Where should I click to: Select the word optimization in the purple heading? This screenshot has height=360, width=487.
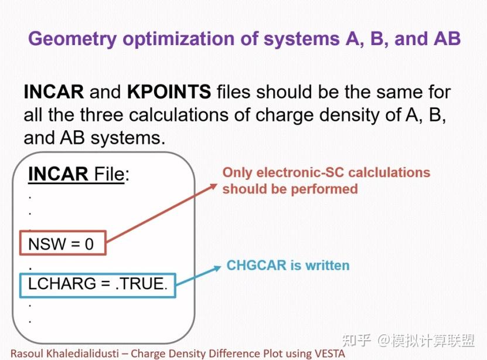pos(190,39)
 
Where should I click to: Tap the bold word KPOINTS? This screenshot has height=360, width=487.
pos(169,91)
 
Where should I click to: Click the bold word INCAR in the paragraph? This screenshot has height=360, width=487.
pos(54,91)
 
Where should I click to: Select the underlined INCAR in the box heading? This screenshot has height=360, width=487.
pos(58,174)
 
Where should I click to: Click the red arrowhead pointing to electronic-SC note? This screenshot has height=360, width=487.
pos(214,186)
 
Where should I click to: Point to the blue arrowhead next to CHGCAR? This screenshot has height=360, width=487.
pos(217,268)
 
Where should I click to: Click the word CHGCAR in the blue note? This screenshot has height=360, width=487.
pos(257,266)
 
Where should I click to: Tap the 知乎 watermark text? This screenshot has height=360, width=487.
pos(356,341)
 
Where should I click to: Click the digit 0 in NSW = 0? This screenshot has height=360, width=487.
pos(89,244)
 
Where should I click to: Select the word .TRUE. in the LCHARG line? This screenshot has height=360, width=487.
pos(141,284)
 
